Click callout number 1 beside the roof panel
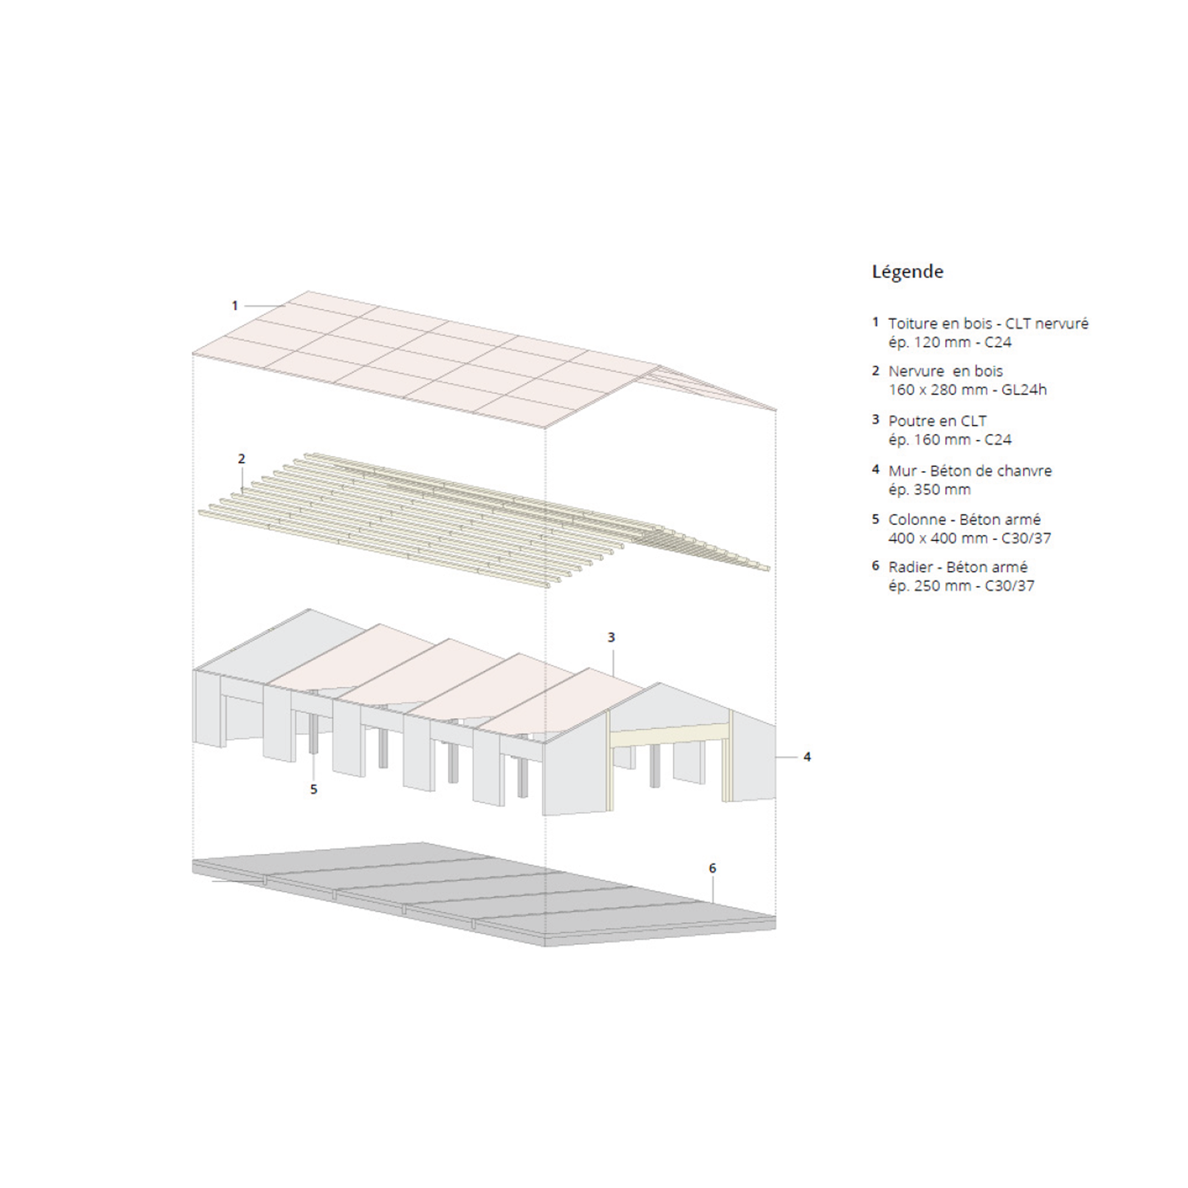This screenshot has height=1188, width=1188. [234, 306]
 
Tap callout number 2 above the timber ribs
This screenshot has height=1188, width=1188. [241, 459]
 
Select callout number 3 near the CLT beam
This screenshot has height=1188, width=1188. [611, 638]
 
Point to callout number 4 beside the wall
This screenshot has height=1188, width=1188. [807, 757]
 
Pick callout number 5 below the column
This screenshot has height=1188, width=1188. [314, 789]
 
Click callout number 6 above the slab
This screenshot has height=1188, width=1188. [713, 868]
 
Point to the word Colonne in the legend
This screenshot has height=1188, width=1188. [917, 520]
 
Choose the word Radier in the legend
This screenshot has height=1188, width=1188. [908, 567]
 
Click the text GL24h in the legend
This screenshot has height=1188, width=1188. [1024, 390]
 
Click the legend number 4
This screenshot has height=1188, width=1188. [876, 470]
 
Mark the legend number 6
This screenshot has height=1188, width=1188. [876, 566]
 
